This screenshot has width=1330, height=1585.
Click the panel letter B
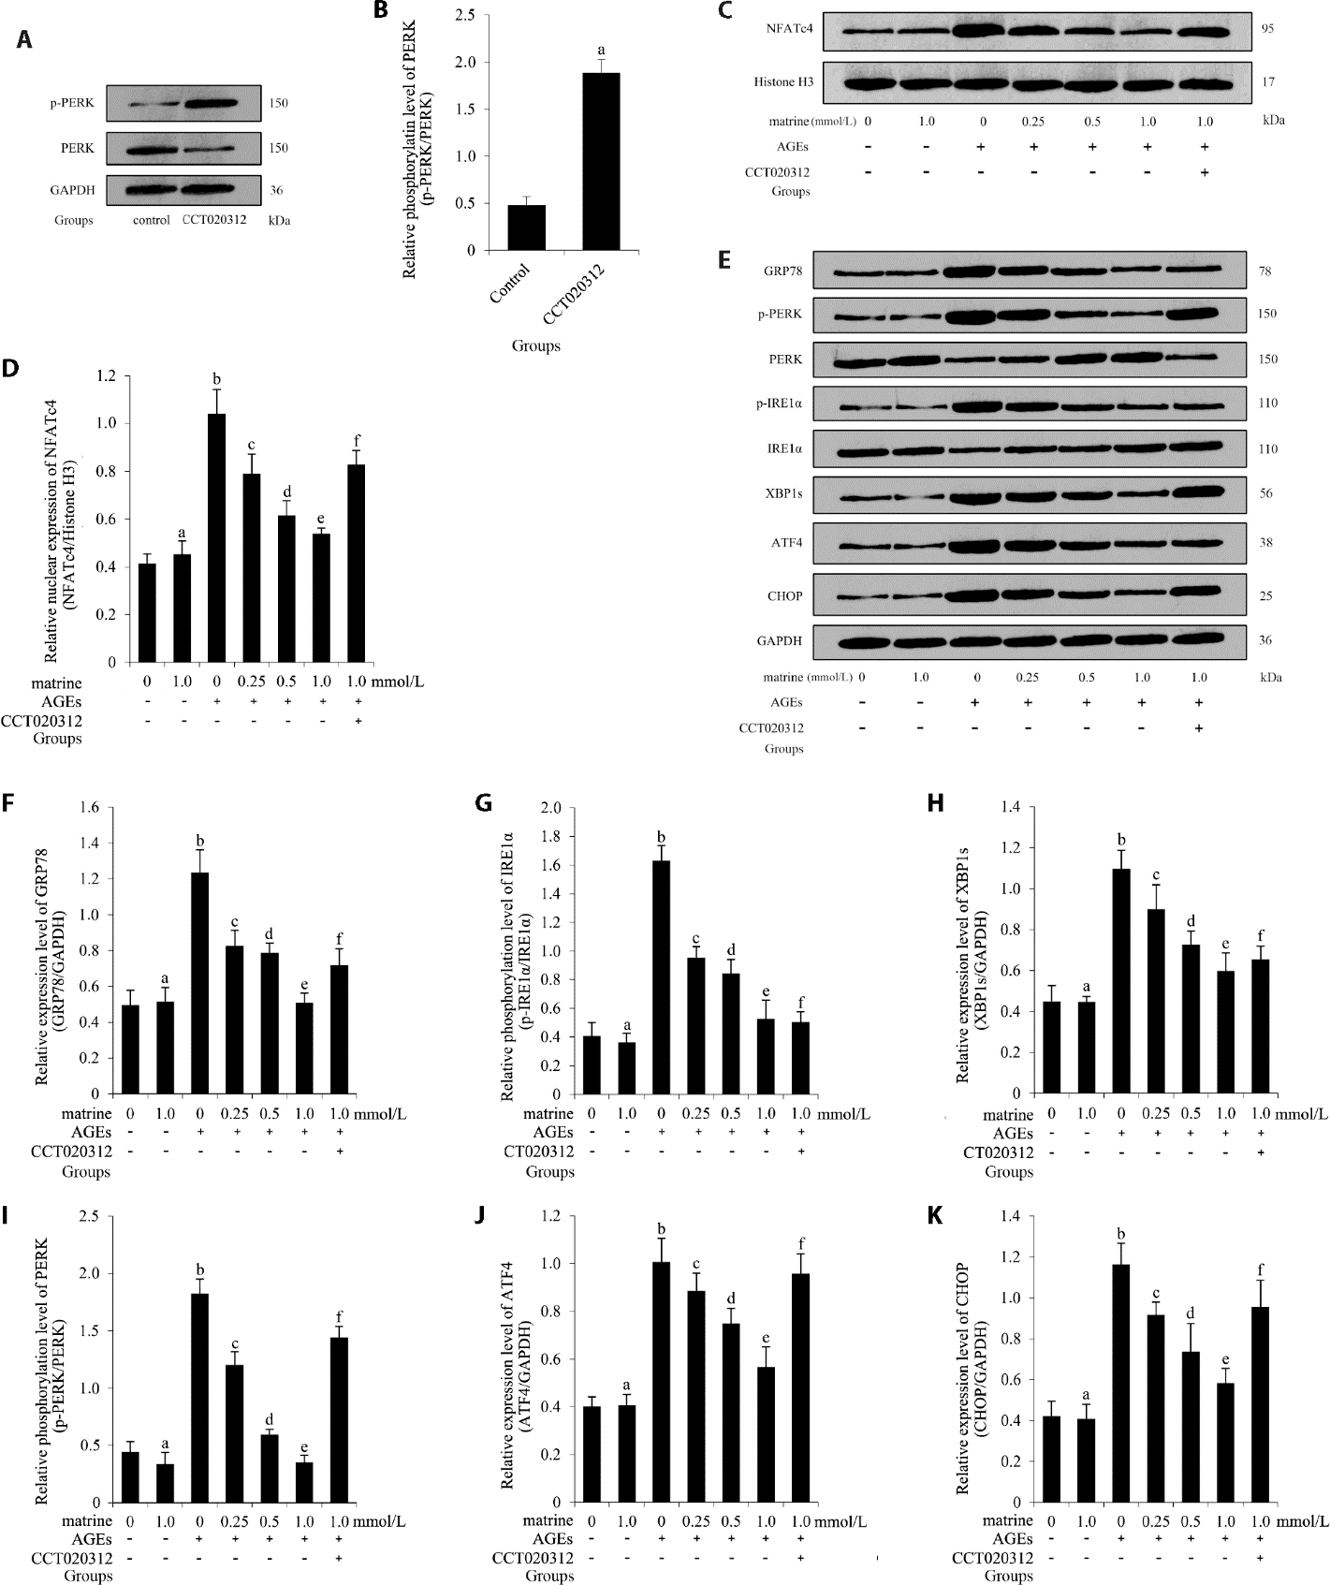pos(381,11)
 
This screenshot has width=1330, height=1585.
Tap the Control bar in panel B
pos(526,227)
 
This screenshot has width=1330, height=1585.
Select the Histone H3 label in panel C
pos(783,82)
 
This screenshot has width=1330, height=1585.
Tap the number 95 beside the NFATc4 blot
pos(1266,29)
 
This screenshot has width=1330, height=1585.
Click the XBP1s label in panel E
pos(783,493)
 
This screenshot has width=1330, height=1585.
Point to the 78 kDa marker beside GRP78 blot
pos(1265,272)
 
